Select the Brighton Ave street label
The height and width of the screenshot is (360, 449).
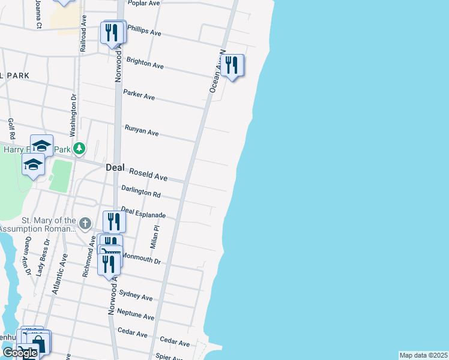click(145, 62)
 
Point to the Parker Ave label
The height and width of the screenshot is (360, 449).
click(139, 95)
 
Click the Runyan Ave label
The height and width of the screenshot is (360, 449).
click(141, 130)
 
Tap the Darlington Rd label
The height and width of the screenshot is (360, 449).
click(140, 193)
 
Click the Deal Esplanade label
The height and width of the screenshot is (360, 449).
click(143, 212)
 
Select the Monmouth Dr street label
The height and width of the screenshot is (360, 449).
click(142, 259)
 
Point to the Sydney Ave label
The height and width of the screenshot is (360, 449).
click(136, 295)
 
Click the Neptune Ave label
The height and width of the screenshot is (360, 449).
click(136, 314)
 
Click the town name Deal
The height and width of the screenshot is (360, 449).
click(115, 168)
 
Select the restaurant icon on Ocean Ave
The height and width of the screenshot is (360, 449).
click(232, 65)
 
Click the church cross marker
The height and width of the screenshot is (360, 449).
click(85, 224)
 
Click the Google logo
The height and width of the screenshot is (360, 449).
click(20, 353)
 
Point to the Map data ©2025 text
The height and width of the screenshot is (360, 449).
click(424, 355)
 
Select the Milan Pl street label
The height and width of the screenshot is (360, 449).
click(154, 238)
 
